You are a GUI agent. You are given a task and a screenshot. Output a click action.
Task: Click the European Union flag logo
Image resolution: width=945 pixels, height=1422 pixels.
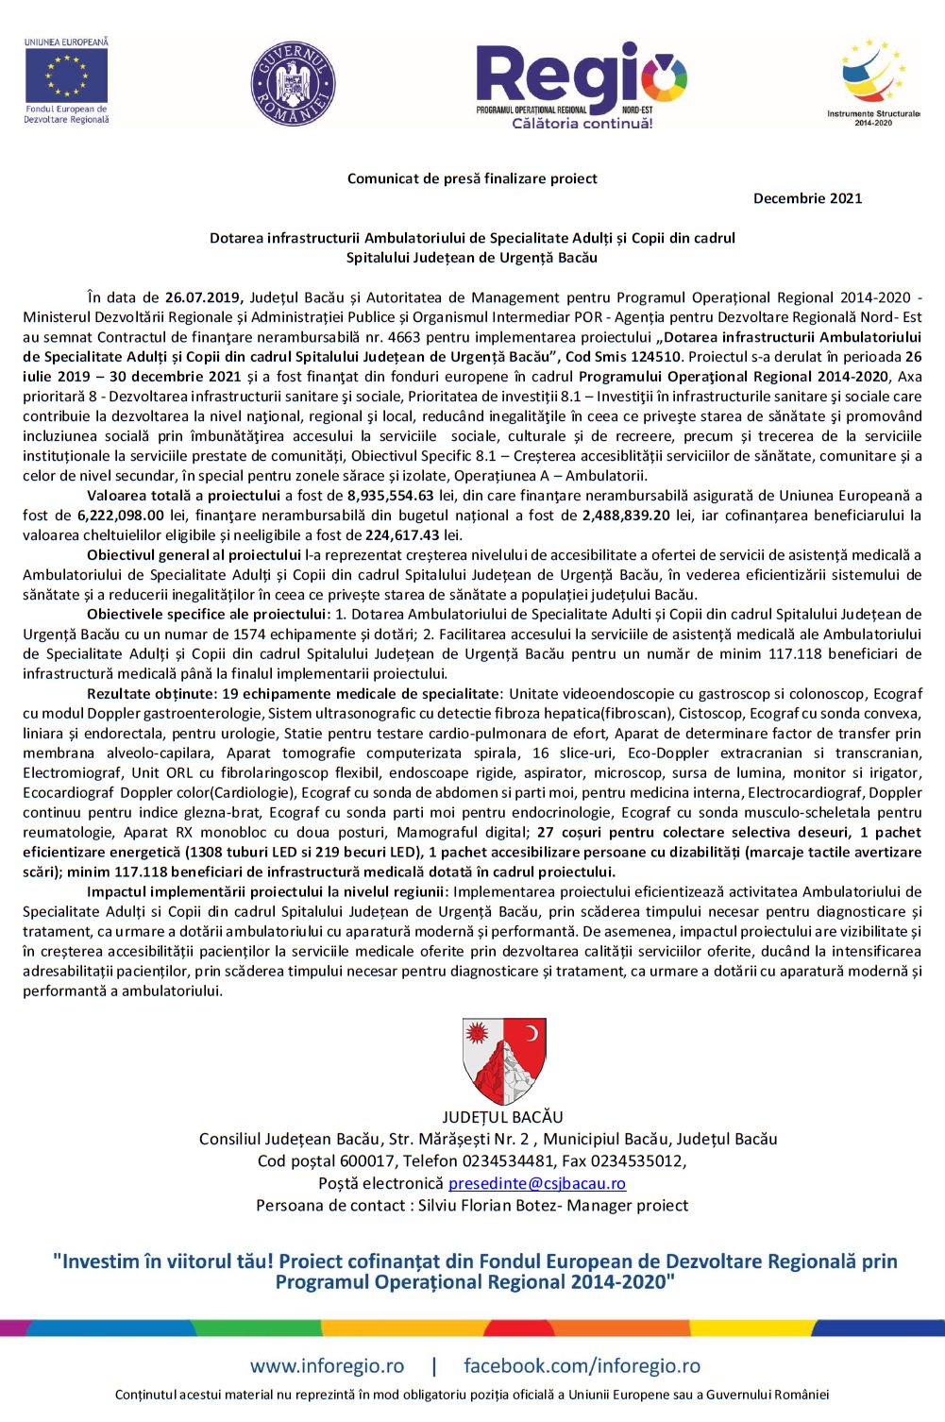[66, 75]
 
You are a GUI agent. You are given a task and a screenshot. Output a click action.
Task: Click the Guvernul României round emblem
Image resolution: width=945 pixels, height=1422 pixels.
[294, 83]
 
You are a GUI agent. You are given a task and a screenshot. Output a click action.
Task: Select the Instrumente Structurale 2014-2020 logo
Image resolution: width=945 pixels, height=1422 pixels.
[873, 81]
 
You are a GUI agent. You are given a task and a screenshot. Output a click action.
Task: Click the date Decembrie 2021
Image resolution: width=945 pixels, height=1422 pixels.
[807, 198]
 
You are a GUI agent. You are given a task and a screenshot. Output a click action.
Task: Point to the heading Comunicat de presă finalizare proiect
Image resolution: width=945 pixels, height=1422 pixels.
[472, 178]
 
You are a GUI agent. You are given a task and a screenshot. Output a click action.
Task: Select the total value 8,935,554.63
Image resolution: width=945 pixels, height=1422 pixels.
[391, 496]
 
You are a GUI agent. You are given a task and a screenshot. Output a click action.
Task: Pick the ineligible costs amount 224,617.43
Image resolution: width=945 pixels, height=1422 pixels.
[404, 535]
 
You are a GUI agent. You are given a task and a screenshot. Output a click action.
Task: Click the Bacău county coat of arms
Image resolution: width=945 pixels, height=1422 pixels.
[504, 1060]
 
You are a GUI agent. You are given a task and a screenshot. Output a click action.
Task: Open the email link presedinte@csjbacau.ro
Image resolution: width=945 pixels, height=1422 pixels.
[537, 1184]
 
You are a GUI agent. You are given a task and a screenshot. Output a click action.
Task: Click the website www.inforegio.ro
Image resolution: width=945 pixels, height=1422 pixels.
[327, 1366]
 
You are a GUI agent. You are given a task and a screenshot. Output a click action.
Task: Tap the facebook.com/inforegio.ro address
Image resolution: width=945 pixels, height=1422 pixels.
[582, 1366]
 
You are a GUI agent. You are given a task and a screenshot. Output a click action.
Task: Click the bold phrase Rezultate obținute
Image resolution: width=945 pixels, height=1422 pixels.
[150, 694]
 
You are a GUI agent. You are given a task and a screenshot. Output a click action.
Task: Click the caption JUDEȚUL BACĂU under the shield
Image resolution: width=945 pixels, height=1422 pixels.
[502, 1117]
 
